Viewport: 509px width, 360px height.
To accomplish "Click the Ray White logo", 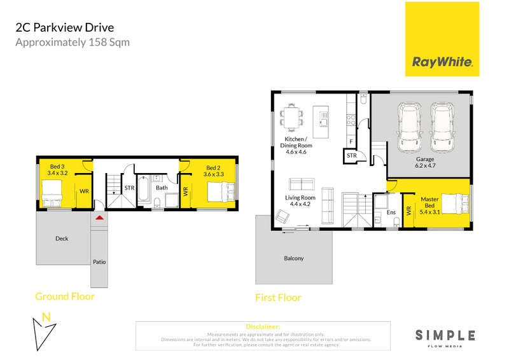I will pyautogui.click(x=442, y=39).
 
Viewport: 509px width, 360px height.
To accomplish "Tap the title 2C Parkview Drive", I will pyautogui.click(x=65, y=28).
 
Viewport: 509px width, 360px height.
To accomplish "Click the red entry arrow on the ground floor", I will pyautogui.click(x=99, y=218).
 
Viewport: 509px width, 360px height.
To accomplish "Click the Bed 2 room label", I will pyautogui.click(x=211, y=170).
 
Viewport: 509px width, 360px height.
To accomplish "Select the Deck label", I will pyautogui.click(x=61, y=239).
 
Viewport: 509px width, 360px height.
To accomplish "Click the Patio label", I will pyautogui.click(x=99, y=261).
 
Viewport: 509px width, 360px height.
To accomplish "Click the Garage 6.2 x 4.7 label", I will pyautogui.click(x=425, y=162).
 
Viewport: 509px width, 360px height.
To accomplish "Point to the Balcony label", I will pyautogui.click(x=293, y=258).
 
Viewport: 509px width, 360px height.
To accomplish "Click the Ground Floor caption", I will pyautogui.click(x=64, y=296).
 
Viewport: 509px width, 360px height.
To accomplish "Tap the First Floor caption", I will pyautogui.click(x=278, y=297).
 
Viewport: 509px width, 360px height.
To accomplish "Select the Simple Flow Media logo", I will pyautogui.click(x=445, y=338).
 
